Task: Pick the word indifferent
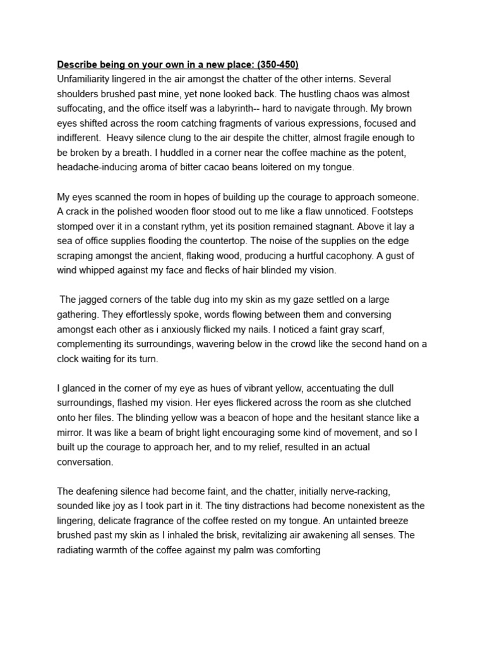click(81, 138)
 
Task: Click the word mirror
click(71, 433)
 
